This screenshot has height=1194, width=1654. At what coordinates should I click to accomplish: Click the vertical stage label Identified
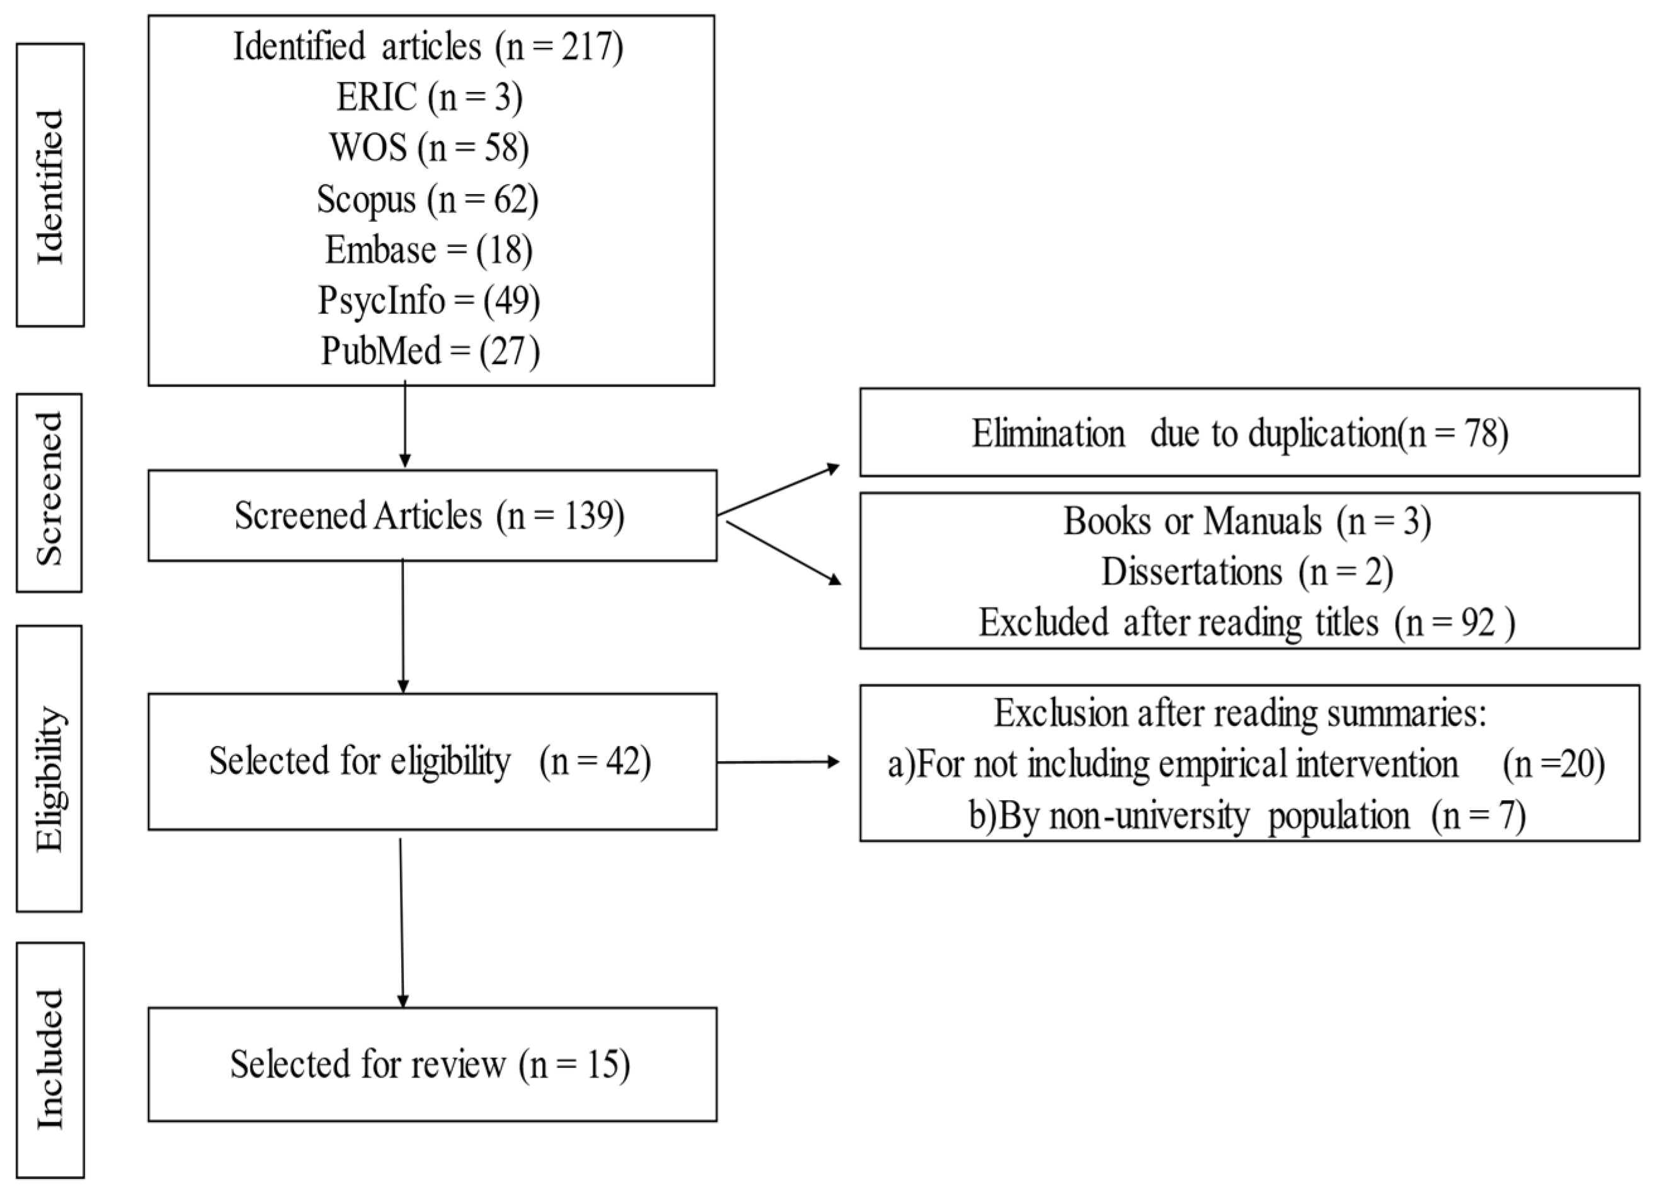point(50,185)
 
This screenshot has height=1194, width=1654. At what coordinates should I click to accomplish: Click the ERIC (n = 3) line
point(429,97)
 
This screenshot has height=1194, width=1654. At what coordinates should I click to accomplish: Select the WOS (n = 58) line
point(429,148)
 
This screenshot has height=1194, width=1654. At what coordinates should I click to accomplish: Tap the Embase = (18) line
point(429,250)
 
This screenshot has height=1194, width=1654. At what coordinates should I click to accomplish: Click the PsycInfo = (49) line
point(429,301)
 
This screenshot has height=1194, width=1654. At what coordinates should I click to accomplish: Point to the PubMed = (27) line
point(430,351)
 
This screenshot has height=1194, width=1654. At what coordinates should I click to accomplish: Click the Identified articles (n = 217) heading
point(429,47)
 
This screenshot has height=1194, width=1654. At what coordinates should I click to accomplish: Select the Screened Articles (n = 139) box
point(431,515)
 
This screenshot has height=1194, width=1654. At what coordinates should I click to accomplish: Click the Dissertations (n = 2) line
point(1247,572)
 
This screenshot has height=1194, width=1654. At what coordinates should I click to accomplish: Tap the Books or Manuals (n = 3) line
point(1247,522)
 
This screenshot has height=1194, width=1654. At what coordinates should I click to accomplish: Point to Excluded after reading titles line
point(1247,623)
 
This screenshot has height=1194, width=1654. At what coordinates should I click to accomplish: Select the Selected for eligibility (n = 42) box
point(431,762)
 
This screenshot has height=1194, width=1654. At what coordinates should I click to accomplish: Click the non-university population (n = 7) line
point(1247,815)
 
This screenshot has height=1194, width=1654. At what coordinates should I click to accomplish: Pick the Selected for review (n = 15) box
point(431,1064)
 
